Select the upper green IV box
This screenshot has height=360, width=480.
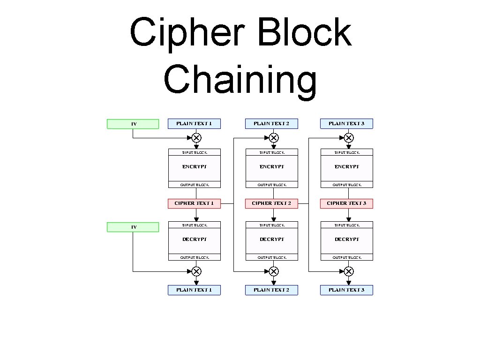pos(133,124)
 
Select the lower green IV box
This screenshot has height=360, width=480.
pos(133,227)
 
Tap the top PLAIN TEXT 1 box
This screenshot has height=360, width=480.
pos(194,124)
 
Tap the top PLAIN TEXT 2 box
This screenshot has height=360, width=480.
pos(271,124)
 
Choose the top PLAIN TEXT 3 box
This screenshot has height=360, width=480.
pos(346,124)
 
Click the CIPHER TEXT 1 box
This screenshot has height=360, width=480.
pos(194,203)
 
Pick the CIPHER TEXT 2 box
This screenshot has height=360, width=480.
pos(271,203)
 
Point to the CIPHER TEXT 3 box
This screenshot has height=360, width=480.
pos(346,203)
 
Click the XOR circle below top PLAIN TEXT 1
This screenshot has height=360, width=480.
pos(196,138)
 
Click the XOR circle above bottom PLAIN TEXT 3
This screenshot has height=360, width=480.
pos(349,271)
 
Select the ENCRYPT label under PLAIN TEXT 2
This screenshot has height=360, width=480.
pos(271,167)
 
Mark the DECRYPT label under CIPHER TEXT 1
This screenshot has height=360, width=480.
pos(194,240)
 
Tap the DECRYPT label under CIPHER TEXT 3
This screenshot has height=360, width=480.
pos(346,240)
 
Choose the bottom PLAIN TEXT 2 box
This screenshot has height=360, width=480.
pos(271,290)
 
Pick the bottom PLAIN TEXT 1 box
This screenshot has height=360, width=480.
pos(194,290)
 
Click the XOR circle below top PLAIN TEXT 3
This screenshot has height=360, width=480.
pos(349,138)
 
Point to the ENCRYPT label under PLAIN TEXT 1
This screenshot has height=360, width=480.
pos(194,167)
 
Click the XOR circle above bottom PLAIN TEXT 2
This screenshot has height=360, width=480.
pos(274,271)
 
